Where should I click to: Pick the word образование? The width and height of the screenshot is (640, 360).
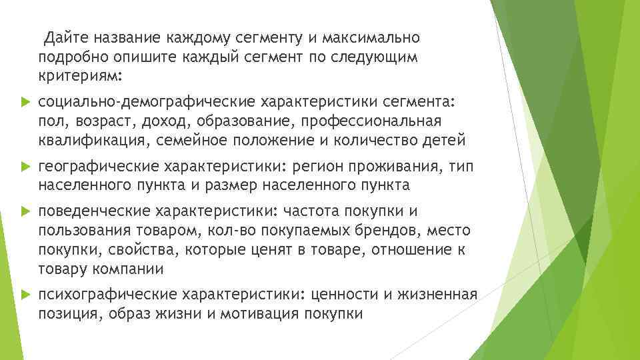click(x=243, y=122)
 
